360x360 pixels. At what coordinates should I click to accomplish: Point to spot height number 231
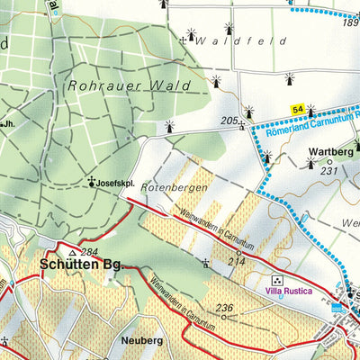point(328,171)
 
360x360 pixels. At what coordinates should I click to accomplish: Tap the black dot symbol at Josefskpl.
point(93,183)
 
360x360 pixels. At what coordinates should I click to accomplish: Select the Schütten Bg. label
point(80,266)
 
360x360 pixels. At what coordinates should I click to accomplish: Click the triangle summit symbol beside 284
point(72,253)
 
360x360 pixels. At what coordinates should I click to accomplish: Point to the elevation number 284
point(88,252)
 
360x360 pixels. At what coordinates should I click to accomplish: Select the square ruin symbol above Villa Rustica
point(276,280)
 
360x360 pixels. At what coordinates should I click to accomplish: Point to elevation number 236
point(225,308)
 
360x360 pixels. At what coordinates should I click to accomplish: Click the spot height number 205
point(229,120)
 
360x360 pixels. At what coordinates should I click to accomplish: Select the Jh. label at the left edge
point(8,123)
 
